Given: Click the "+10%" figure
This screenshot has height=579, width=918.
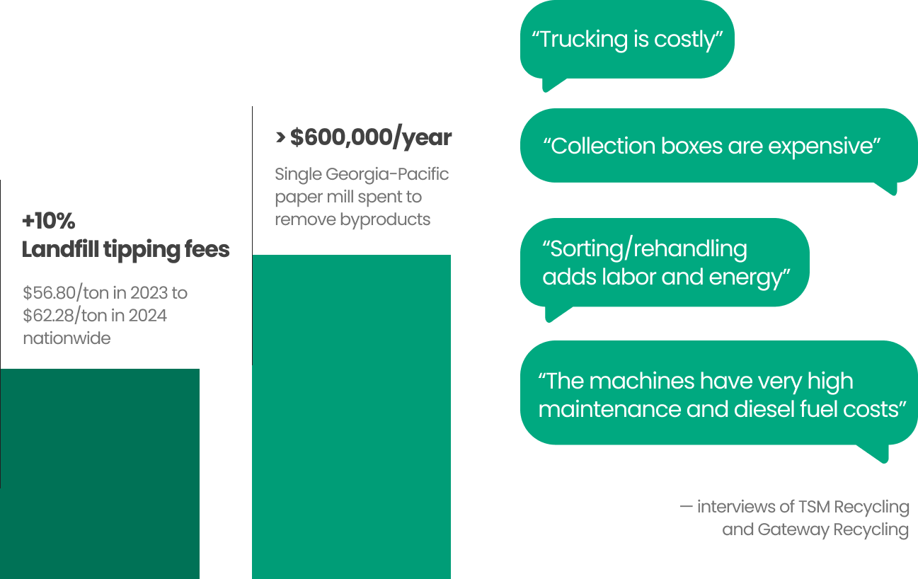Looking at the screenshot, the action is (x=48, y=222).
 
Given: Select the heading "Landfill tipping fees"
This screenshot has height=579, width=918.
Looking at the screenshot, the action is (x=126, y=250).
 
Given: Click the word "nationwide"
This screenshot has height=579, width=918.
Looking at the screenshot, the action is (x=67, y=338).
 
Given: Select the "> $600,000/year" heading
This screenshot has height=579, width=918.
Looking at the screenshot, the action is (x=363, y=138).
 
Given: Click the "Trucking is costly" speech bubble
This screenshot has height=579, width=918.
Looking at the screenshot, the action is (x=626, y=40).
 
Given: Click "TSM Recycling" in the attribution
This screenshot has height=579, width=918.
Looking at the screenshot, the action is (x=854, y=507).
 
